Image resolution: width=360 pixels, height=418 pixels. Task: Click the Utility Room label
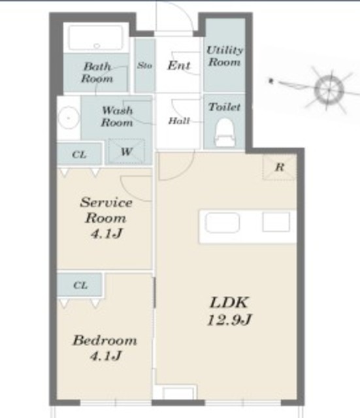coord(225,56)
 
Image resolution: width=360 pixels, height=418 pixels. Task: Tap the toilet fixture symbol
coord(225,133)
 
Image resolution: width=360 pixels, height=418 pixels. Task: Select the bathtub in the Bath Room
coord(96,38)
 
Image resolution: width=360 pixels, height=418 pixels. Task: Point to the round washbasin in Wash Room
coord(69,118)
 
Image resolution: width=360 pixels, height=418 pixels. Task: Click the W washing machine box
coord(127,151)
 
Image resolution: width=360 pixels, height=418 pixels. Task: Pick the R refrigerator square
coord(280,167)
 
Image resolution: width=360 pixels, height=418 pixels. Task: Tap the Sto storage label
coord(144,65)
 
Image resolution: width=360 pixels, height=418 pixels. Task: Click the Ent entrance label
coord(179,65)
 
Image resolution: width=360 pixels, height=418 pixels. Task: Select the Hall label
coord(179,121)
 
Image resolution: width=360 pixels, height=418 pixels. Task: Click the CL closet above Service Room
coord(80,155)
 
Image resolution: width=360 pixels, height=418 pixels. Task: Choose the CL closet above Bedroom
coord(80,285)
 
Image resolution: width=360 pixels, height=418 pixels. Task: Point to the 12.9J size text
coord(229,319)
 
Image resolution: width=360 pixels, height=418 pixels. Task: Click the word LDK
coord(229,302)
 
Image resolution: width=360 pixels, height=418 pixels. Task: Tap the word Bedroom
coord(105,340)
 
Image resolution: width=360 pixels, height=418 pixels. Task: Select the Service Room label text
coord(106,210)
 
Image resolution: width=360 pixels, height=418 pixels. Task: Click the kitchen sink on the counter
coord(222,223)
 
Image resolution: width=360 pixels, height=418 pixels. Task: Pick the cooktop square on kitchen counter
coord(276,222)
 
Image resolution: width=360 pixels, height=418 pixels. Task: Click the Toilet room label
coord(225,107)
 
